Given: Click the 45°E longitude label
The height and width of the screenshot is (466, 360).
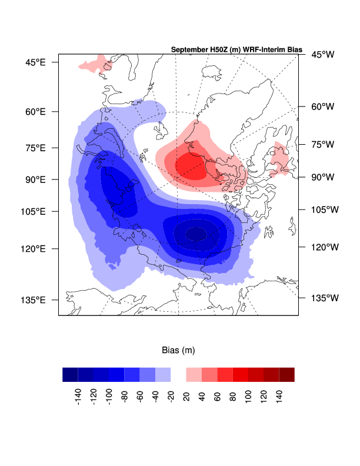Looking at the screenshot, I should (35, 62).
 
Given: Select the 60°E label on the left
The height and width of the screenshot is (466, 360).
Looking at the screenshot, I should (35, 112).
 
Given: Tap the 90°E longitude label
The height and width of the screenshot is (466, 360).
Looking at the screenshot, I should (35, 179).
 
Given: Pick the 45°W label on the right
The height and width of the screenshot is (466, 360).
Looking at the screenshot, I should (322, 55).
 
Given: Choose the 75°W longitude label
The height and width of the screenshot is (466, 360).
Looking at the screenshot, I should (322, 144).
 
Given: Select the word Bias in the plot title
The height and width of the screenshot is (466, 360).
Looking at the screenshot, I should (293, 50).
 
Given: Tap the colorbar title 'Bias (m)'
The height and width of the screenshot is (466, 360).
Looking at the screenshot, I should (178, 350).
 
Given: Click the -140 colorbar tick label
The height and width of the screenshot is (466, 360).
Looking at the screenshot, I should (78, 397).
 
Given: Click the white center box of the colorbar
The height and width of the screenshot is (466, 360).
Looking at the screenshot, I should (178, 375).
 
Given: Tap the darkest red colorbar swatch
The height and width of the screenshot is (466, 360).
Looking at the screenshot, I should (286, 375).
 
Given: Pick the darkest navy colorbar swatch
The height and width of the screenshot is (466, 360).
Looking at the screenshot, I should (70, 375).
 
